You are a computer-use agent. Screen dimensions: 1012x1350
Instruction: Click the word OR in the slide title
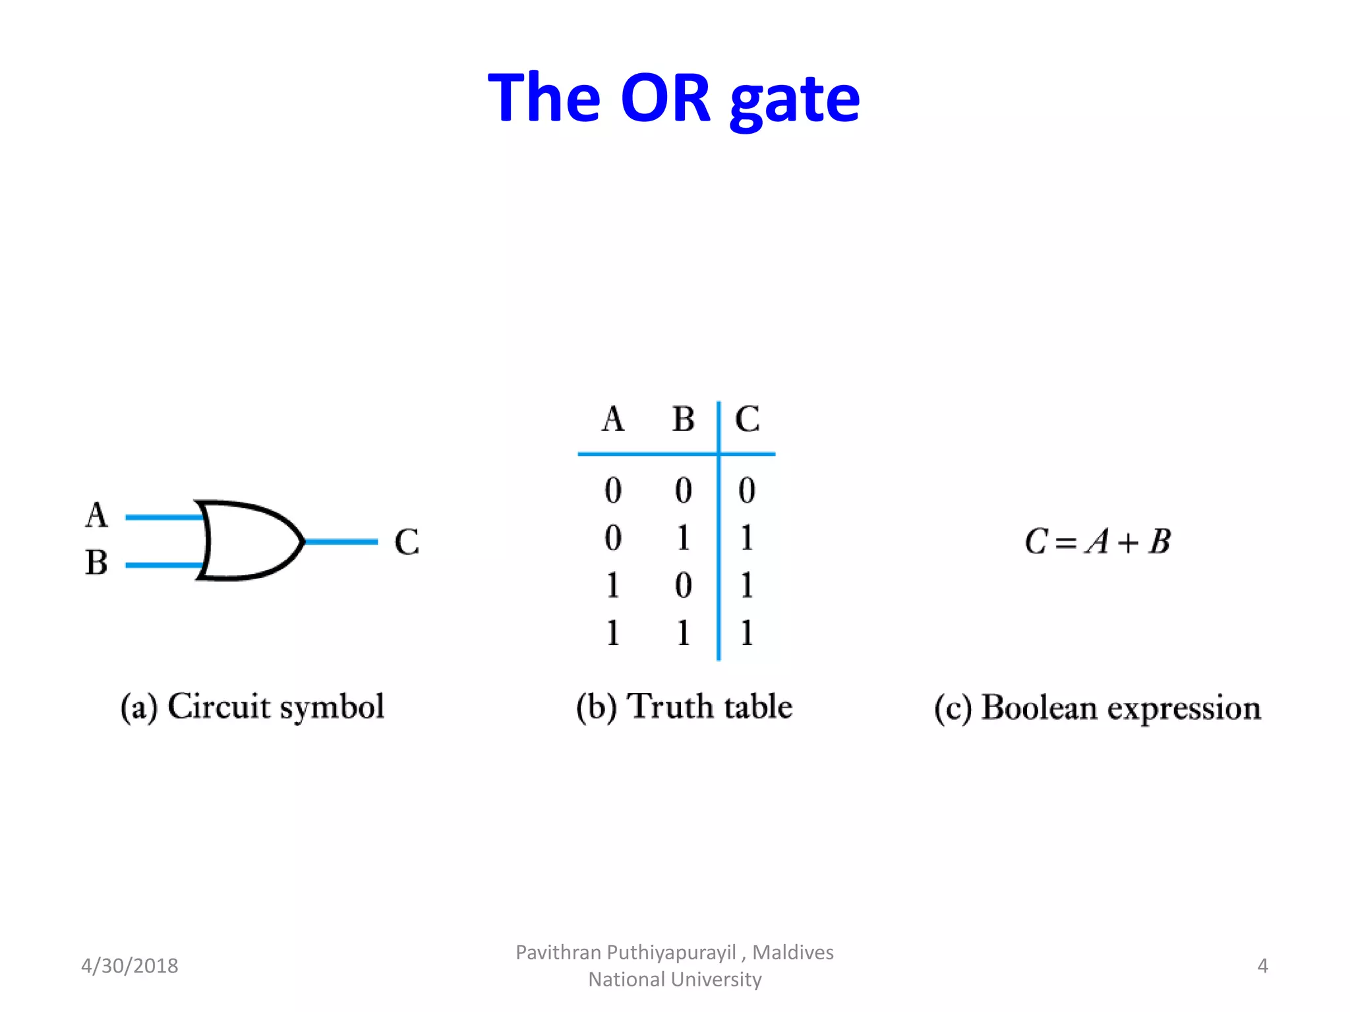[x=666, y=99]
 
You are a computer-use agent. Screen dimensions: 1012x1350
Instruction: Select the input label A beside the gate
[x=96, y=515]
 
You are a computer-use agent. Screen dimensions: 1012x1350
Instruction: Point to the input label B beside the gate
[x=96, y=563]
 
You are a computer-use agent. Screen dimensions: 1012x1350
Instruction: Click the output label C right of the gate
[x=407, y=542]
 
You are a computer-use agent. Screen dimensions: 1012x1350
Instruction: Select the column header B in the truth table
[x=684, y=419]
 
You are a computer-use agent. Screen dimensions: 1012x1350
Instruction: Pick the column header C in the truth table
[x=747, y=419]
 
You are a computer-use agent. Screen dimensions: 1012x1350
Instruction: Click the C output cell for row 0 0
[x=746, y=490]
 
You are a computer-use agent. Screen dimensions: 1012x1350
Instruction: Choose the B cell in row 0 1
[x=684, y=538]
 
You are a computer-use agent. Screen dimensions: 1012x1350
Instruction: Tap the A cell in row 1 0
[x=613, y=585]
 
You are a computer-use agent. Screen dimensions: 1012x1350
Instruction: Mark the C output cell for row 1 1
[x=746, y=633]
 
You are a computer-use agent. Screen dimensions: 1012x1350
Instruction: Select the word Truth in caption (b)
[x=670, y=706]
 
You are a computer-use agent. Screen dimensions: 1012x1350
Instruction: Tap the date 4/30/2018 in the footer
[x=130, y=966]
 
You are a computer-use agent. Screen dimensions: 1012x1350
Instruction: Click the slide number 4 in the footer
[x=1262, y=966]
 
